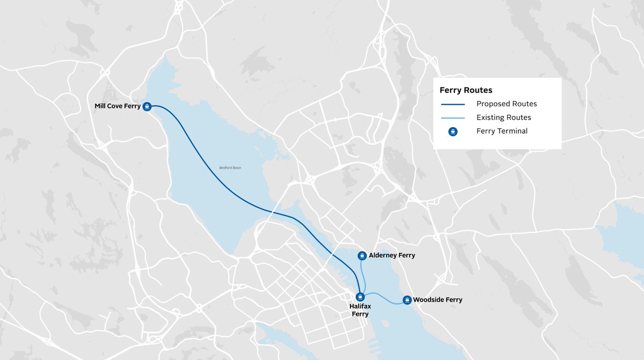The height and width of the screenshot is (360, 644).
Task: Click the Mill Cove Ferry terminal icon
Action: [x=147, y=106]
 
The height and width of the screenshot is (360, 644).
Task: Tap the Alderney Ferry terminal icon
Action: [x=362, y=255]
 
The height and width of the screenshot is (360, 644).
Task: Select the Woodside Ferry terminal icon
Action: [x=407, y=300]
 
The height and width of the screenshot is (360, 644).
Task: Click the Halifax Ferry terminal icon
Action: [x=361, y=297]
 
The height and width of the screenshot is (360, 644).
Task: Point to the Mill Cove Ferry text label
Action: [x=118, y=106]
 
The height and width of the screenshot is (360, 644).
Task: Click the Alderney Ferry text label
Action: [x=392, y=255]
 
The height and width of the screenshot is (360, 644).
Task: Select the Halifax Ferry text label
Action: [x=360, y=310]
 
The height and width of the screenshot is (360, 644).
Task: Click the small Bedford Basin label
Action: [x=230, y=168]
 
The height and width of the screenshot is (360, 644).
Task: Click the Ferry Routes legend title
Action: [x=466, y=90]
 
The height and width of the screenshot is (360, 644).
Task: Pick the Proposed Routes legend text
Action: [x=507, y=104]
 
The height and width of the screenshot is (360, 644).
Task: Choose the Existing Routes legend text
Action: [x=503, y=117]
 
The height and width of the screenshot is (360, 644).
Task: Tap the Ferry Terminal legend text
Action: [x=502, y=131]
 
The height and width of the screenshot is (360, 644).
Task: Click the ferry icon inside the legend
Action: [x=452, y=131]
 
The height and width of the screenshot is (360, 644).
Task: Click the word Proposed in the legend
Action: [x=492, y=104]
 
